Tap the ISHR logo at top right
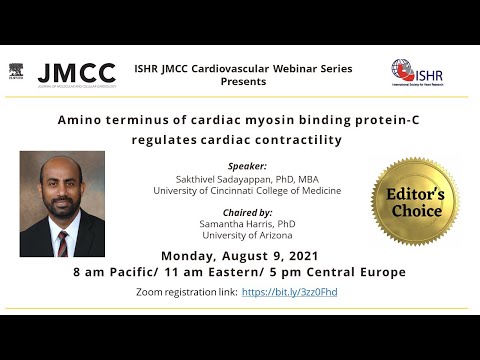[x=417, y=73]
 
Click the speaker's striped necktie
[x=63, y=241]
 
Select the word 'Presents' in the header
[x=243, y=81]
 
